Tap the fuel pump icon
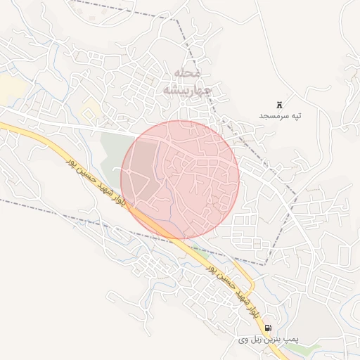[267, 328]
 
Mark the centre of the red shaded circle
[180, 179]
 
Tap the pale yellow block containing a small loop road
[90, 110]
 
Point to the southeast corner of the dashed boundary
[266, 264]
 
